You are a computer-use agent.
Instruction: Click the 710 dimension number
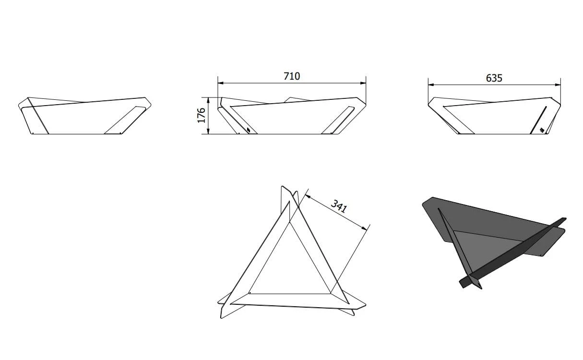coord(292,76)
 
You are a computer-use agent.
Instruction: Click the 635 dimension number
coord(494,78)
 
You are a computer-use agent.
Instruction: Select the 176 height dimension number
coord(202,115)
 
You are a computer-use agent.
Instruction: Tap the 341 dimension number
coord(339,206)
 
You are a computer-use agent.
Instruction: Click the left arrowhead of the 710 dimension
coord(221,83)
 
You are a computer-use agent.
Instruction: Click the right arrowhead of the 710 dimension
coord(363,83)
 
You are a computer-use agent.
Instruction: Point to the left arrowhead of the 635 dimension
coord(431,84)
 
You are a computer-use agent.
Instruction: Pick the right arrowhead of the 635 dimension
coord(558,84)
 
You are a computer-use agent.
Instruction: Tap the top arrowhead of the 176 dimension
coord(208,100)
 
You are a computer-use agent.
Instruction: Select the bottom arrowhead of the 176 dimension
coord(208,131)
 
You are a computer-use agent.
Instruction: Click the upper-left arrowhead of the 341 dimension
coord(308,196)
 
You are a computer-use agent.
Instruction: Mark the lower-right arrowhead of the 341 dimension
coord(364,228)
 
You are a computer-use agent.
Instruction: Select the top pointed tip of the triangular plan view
coord(282,186)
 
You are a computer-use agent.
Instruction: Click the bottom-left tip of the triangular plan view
coord(221,318)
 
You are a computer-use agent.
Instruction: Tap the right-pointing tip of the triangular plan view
coord(366,304)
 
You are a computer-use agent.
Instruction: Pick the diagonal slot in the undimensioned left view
coord(125,120)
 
